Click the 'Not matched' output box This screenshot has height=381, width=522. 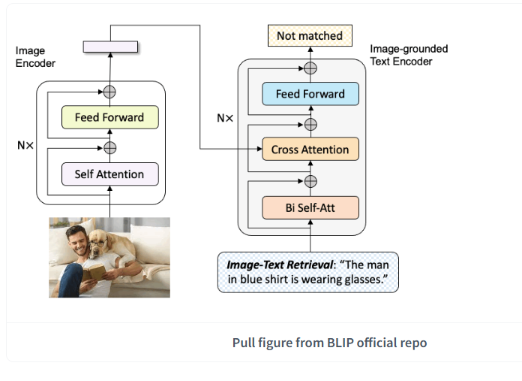[310, 35]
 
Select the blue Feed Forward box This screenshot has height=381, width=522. [310, 94]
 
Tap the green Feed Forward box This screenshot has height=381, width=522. [109, 117]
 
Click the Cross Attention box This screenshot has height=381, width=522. [310, 149]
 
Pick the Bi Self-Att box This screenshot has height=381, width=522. [310, 208]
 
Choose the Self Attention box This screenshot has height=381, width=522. [109, 174]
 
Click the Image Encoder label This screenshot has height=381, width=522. [35, 56]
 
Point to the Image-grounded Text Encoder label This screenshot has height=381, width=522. [409, 55]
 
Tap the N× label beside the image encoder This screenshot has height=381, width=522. [25, 146]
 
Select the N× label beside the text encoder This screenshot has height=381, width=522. [225, 118]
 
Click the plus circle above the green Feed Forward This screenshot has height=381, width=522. [109, 92]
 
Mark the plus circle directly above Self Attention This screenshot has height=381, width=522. [109, 148]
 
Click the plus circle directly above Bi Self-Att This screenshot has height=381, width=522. [310, 182]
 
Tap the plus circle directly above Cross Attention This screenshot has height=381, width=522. [310, 125]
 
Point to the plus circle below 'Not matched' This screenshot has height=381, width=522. [310, 68]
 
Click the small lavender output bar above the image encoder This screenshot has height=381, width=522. [110, 47]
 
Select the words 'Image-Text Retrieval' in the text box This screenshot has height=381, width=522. [280, 265]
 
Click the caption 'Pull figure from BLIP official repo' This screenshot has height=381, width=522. [329, 343]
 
